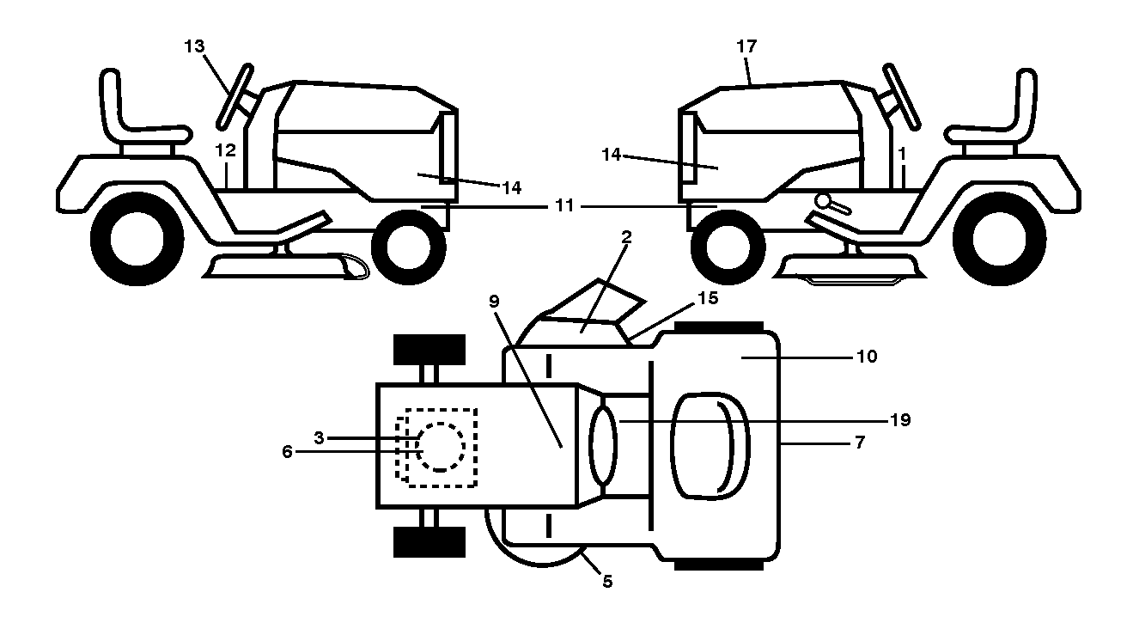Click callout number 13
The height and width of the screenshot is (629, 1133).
pos(194,46)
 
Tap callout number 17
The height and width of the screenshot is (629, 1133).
pos(746,46)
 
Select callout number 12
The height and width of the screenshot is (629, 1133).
pos(226,150)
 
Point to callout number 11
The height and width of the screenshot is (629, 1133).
pos(564,205)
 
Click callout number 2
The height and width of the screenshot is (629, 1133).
pos(627,237)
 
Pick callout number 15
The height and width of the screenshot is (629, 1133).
pos(708,298)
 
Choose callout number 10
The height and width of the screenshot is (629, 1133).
pos(867,357)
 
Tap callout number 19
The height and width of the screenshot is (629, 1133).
pos(901,420)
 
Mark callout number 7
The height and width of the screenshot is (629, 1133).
pos(860,443)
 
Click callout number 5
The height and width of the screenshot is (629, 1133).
pos(607,582)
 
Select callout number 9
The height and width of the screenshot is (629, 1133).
pos(494,302)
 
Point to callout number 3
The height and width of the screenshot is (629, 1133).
pos(319,437)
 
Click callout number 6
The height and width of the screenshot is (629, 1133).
pos(287,451)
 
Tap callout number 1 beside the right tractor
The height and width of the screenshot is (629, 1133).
pos(902,153)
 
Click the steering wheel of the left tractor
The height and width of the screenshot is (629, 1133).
pos(235,96)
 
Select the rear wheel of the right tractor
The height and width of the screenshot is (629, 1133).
pos(999,239)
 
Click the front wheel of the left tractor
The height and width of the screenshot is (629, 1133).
pos(409,247)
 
